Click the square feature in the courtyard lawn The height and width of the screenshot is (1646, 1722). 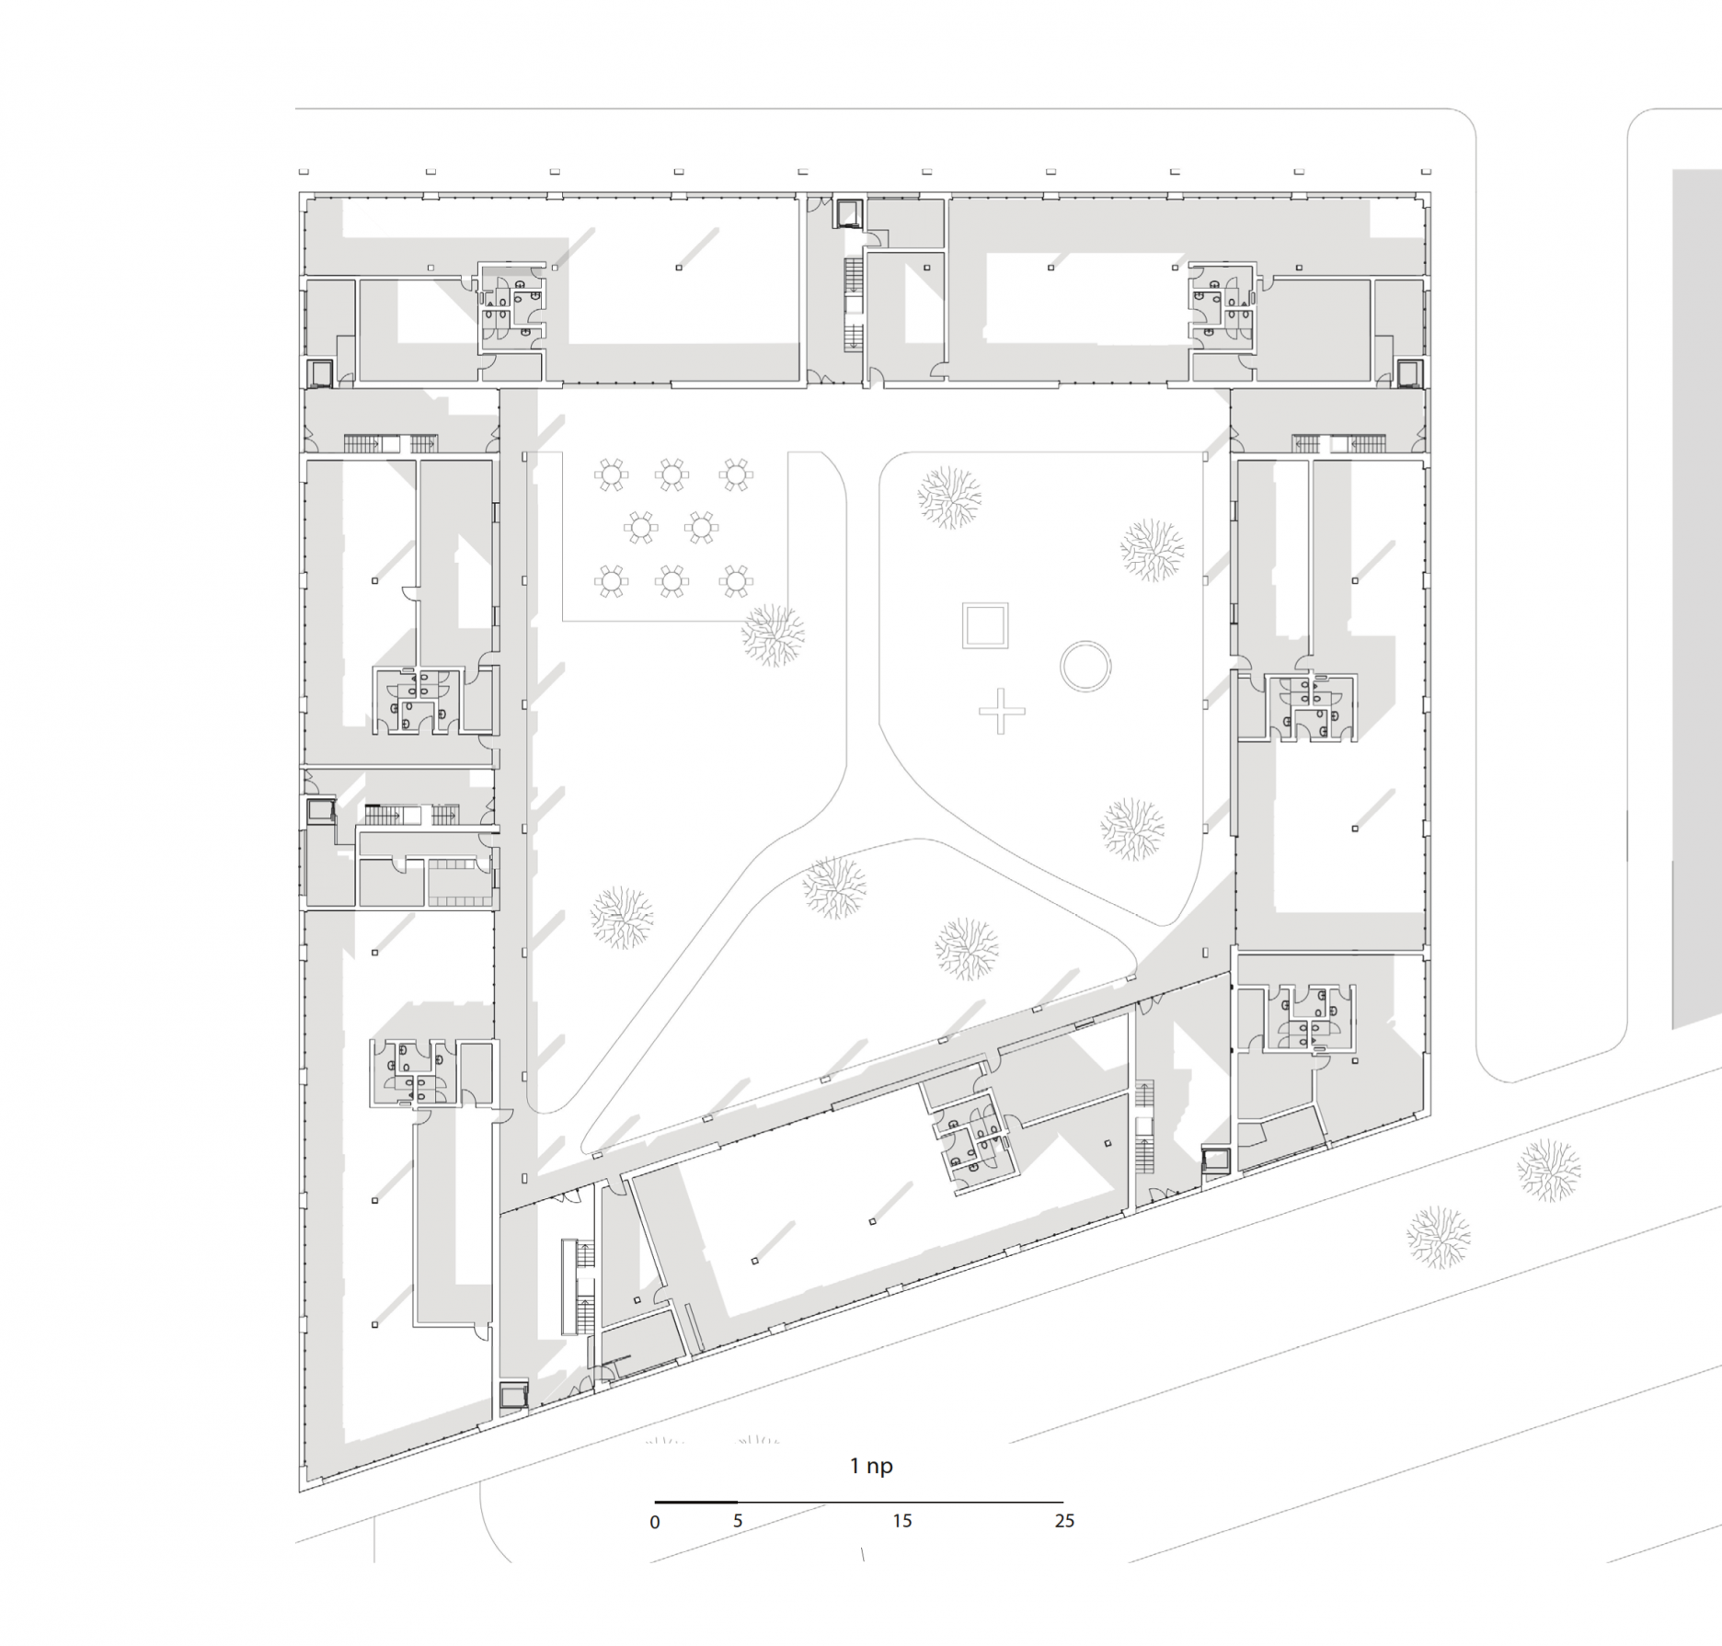point(985,625)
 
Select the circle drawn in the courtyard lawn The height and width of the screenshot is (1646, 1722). point(1085,667)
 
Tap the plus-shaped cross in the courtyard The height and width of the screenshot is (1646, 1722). point(1001,711)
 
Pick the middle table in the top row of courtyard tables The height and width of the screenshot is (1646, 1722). point(672,475)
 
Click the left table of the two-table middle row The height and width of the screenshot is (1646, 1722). point(641,528)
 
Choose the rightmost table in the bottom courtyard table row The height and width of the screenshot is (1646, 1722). point(735,580)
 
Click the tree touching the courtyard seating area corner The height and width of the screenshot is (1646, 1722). point(773,634)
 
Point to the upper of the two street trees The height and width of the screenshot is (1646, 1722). point(1549,1170)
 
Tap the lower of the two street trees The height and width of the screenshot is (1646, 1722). point(1438,1237)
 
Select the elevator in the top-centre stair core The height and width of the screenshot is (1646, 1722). point(847,213)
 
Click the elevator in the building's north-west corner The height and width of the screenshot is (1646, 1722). point(321,373)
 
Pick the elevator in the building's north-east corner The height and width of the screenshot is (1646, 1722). point(1408,372)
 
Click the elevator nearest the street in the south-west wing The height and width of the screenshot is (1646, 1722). point(513,1395)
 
